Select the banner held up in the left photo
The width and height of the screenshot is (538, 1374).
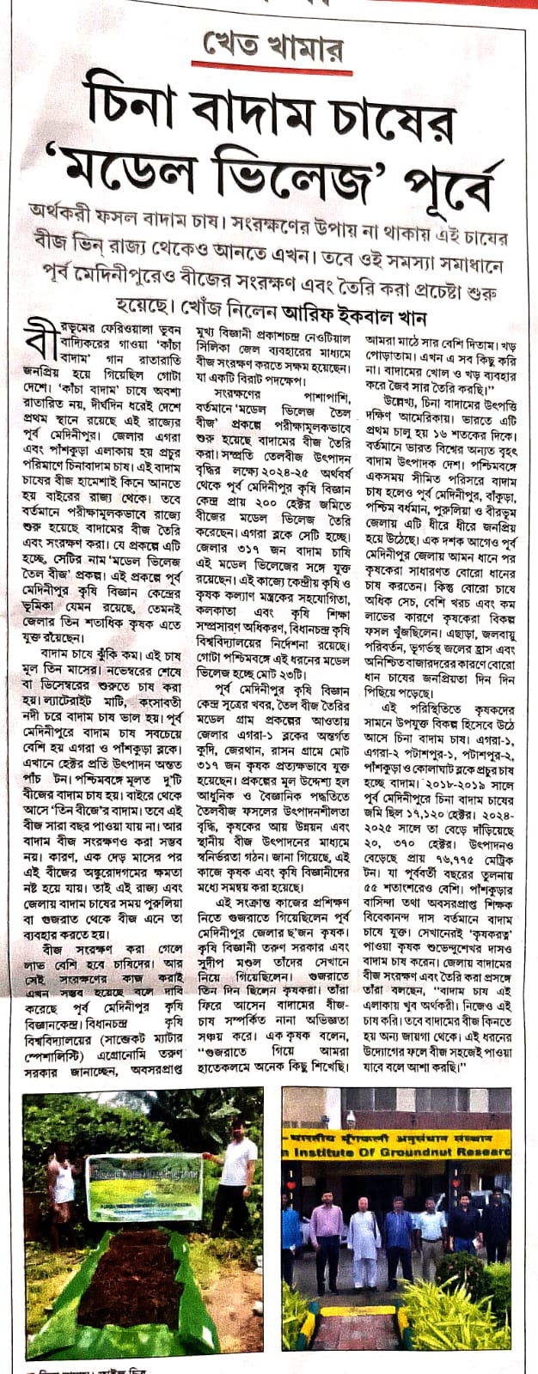(145, 1183)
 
